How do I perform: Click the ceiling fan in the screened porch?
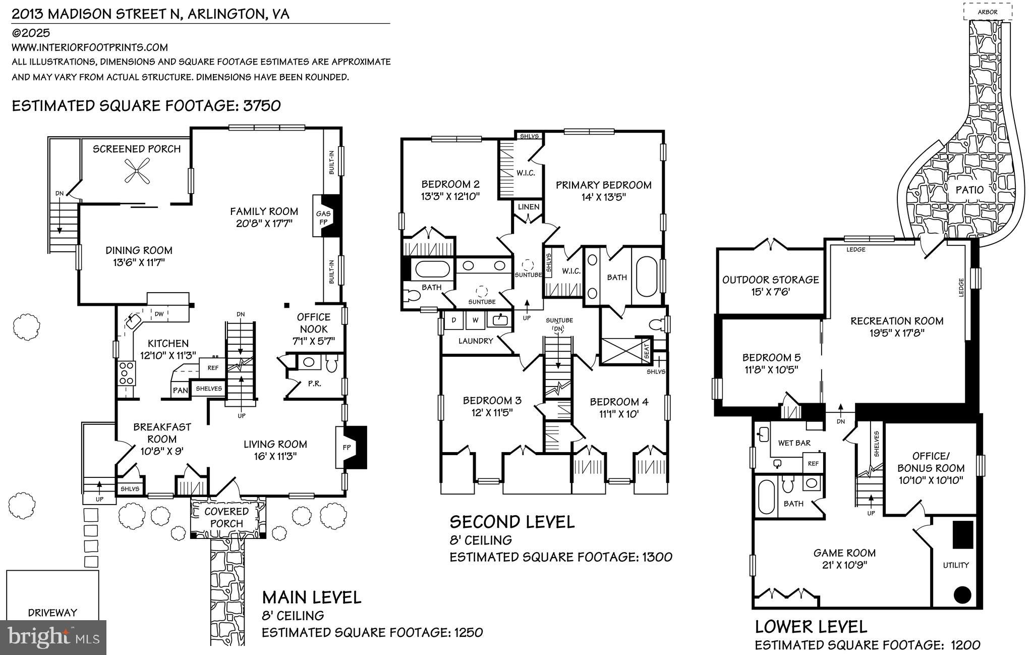(x=136, y=170)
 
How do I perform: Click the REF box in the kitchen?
(x=213, y=368)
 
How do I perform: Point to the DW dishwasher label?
(x=159, y=314)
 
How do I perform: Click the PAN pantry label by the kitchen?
(x=180, y=390)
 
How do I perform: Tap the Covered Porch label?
(x=226, y=517)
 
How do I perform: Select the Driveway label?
(x=52, y=613)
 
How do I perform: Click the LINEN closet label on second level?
(x=528, y=207)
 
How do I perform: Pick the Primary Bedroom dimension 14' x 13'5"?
(x=603, y=197)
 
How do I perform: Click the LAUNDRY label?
(x=476, y=341)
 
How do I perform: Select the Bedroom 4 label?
(x=619, y=402)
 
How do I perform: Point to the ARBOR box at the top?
(x=987, y=12)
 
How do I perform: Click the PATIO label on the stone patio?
(x=969, y=190)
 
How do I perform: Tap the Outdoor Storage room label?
(x=770, y=280)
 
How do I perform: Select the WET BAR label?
(x=794, y=443)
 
